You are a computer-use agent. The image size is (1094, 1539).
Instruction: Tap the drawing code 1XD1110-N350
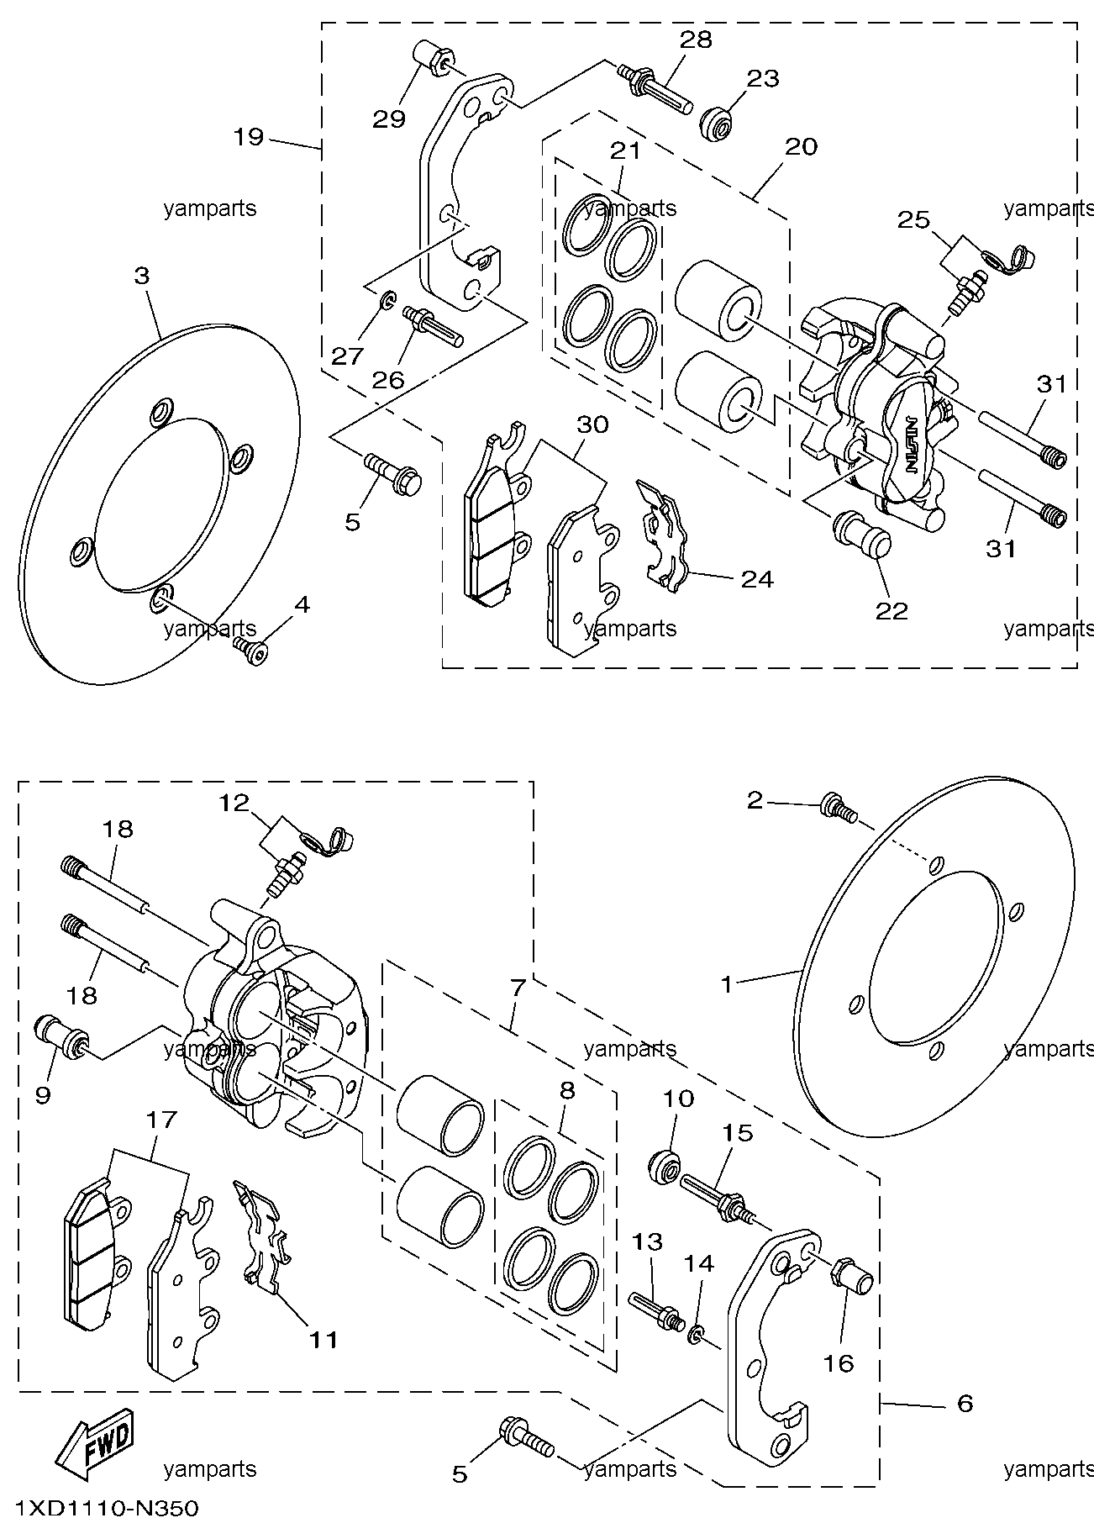(x=107, y=1510)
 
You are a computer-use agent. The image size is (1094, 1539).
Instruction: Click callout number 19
(x=249, y=137)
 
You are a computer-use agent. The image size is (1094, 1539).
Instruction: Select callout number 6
(x=965, y=1402)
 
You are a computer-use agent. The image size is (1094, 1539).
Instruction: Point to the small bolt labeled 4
(x=250, y=648)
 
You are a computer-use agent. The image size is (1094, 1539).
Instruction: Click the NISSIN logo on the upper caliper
(x=911, y=445)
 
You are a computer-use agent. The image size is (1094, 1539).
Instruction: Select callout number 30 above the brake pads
(x=592, y=425)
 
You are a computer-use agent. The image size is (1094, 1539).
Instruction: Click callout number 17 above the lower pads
(x=161, y=1120)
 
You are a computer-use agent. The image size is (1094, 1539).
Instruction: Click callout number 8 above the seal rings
(x=567, y=1090)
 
